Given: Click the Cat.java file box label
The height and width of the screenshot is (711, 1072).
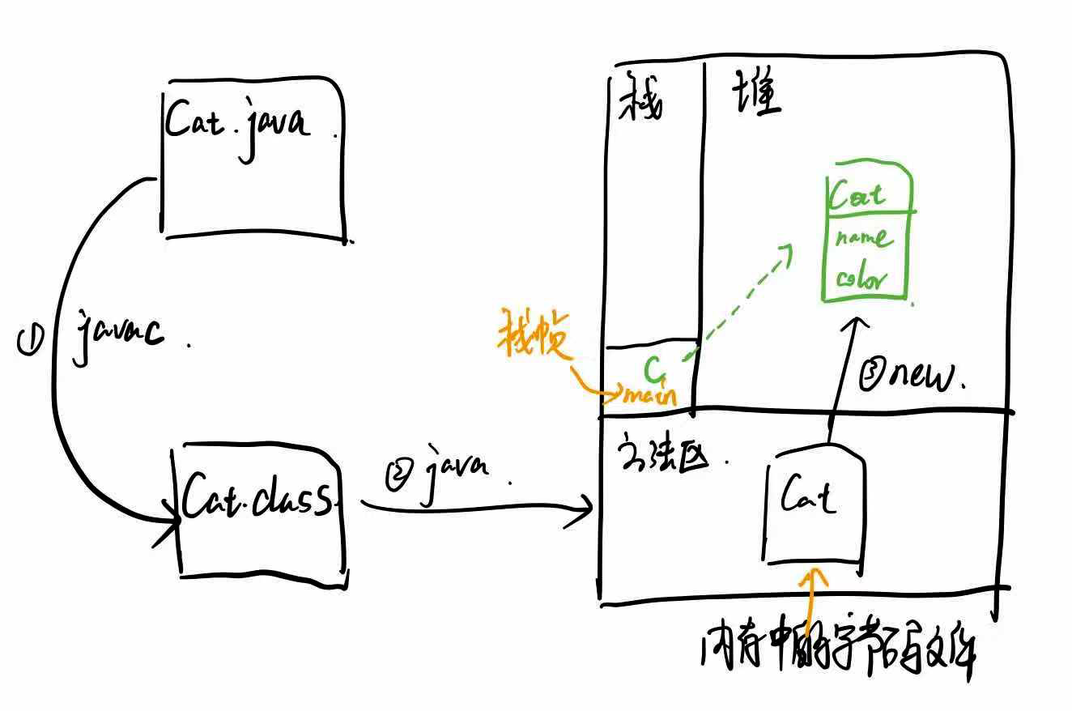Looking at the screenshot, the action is tap(236, 124).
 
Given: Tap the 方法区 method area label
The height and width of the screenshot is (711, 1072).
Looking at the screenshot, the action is tap(663, 458).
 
